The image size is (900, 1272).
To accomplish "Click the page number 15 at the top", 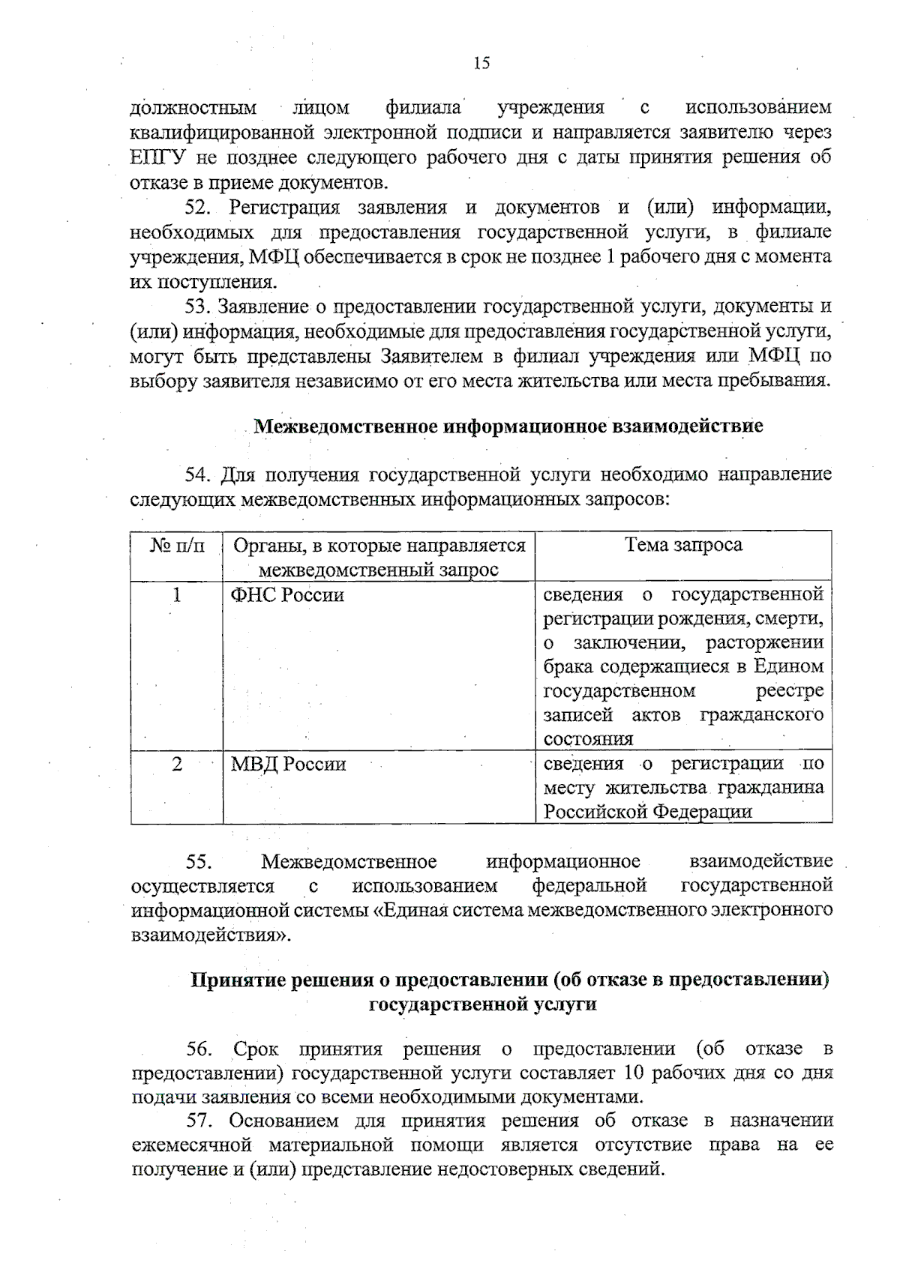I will pos(481,63).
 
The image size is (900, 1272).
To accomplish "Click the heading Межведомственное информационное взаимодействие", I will pos(508,426).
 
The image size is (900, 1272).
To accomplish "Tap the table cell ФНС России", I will pos(287,595).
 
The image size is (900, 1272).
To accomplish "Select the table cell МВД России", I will pos(288,765).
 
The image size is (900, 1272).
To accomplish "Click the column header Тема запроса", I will pos(683,545).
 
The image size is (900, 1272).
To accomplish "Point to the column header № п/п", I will pos(177,546).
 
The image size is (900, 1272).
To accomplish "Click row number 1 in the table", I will pos(176,595).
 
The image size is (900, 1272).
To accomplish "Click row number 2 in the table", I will pos(176,765).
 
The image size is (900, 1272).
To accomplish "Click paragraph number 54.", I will pos(200,474).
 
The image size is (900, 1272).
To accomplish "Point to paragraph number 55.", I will pos(201,862).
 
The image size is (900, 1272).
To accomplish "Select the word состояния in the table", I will pos(588,739).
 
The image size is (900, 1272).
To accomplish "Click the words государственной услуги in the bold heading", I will pos(482,1004).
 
